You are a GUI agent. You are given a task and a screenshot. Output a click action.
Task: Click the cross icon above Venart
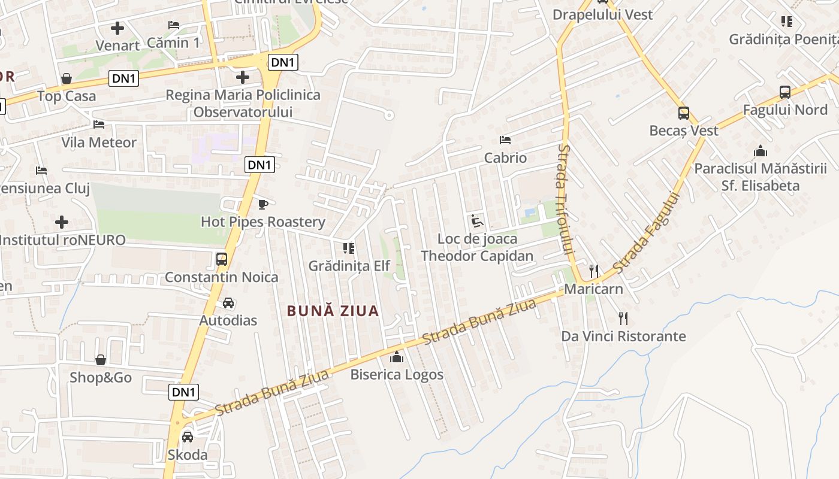click(x=117, y=28)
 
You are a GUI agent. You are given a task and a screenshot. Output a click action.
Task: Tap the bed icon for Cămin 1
click(x=174, y=25)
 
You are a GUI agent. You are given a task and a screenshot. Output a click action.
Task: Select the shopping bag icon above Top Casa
click(x=67, y=78)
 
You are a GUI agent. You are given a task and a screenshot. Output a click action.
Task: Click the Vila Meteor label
click(x=99, y=143)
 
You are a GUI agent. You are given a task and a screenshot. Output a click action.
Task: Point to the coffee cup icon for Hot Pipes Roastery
click(x=262, y=204)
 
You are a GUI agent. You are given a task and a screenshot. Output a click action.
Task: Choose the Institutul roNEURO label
click(x=62, y=240)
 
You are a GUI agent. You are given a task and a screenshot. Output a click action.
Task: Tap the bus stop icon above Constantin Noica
click(x=221, y=259)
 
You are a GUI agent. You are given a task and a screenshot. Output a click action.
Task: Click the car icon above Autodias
click(x=228, y=303)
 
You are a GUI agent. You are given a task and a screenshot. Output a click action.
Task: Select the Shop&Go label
click(x=101, y=378)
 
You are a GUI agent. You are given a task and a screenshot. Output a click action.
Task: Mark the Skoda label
click(x=188, y=455)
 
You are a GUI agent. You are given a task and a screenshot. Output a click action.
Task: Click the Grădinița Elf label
click(x=349, y=266)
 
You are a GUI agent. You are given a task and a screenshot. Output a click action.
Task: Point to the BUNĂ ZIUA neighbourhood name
click(x=333, y=311)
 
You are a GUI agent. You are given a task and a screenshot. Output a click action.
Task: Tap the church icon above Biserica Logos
click(x=397, y=357)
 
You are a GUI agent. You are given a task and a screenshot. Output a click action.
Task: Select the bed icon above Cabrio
click(x=505, y=140)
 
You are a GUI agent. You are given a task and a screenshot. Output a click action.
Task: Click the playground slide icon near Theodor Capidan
click(x=476, y=221)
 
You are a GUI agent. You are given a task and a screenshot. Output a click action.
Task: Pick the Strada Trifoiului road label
click(x=565, y=198)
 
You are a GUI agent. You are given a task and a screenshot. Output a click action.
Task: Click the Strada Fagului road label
click(x=647, y=232)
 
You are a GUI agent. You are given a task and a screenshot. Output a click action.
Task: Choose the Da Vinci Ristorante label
click(x=623, y=336)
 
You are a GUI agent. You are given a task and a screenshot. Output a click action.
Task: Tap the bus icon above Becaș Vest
click(x=684, y=113)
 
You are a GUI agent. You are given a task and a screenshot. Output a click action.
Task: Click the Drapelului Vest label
click(x=602, y=14)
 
